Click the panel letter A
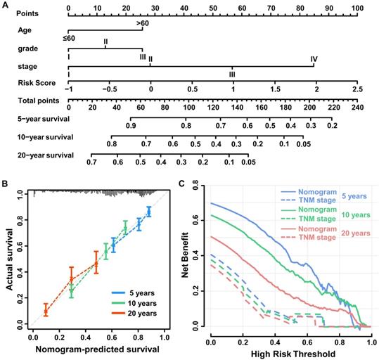6,4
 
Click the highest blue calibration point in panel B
148,210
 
